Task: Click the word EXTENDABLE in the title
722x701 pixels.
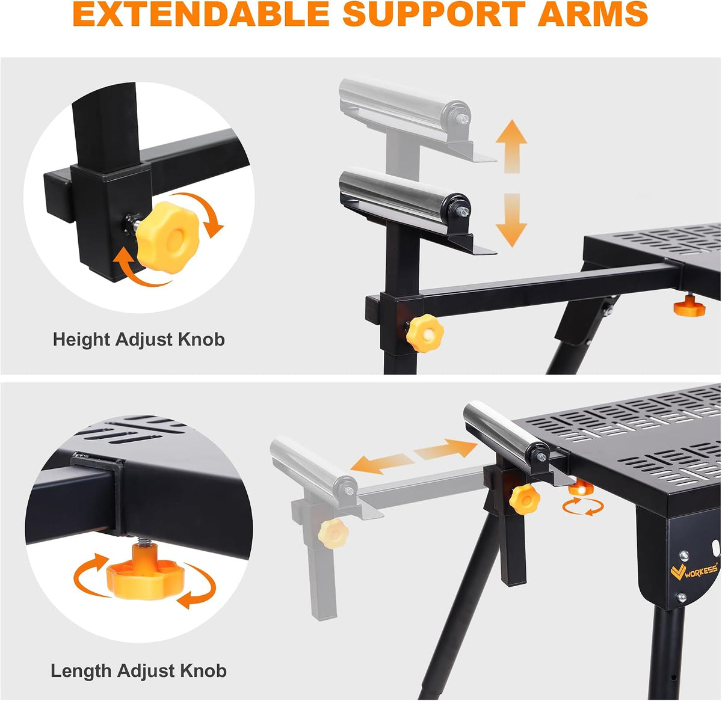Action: click(201, 14)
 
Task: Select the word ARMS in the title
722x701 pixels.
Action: click(593, 14)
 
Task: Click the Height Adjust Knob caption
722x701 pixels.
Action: click(139, 340)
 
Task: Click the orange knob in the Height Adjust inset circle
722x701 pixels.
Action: click(168, 237)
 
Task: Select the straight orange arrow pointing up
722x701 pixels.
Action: click(511, 146)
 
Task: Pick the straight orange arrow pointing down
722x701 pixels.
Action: click(511, 220)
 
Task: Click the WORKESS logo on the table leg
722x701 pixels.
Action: click(693, 571)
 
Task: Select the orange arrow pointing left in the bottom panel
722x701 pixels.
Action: click(382, 464)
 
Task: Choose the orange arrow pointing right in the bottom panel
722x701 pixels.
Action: click(446, 449)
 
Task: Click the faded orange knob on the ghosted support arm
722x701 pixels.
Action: click(333, 534)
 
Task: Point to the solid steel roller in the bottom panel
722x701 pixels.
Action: click(507, 430)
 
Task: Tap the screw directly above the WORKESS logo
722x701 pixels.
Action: click(683, 556)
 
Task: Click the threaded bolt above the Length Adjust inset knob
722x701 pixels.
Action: click(145, 542)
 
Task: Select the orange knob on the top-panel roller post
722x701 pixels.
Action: click(425, 333)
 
